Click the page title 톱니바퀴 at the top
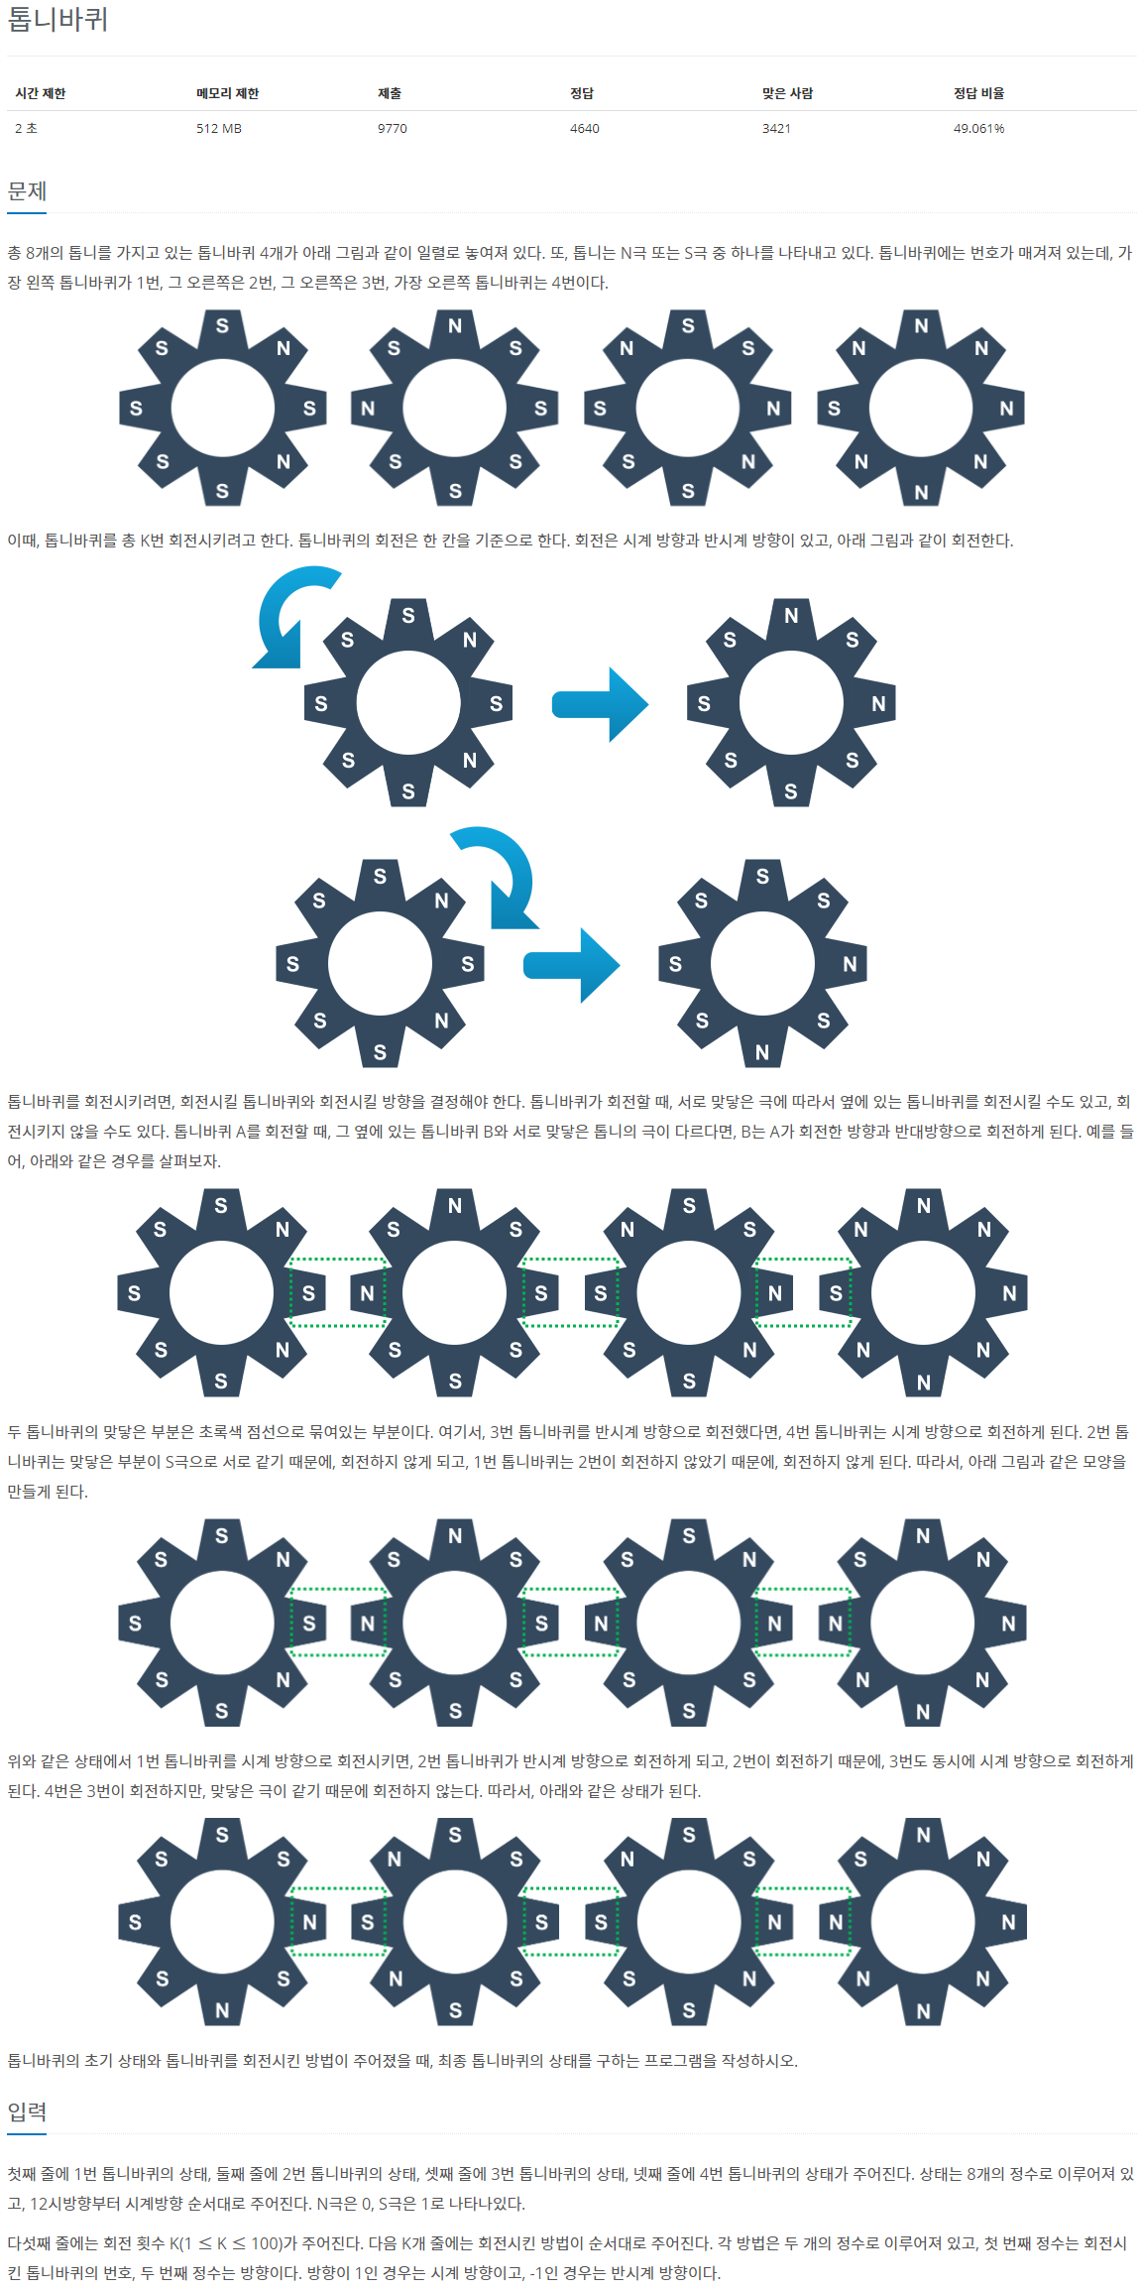coord(57,20)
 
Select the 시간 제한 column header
coord(41,93)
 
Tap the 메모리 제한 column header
coord(227,93)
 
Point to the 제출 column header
coord(390,93)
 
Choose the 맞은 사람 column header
coord(787,93)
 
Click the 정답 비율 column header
coord(978,93)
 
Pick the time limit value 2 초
coord(26,129)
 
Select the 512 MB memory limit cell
coord(219,129)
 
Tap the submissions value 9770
coord(393,129)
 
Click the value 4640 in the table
coord(585,129)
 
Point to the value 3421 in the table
coord(776,129)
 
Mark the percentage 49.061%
coord(978,129)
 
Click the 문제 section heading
coord(27,191)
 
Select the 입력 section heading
coord(27,2112)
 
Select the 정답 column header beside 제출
coord(582,93)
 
